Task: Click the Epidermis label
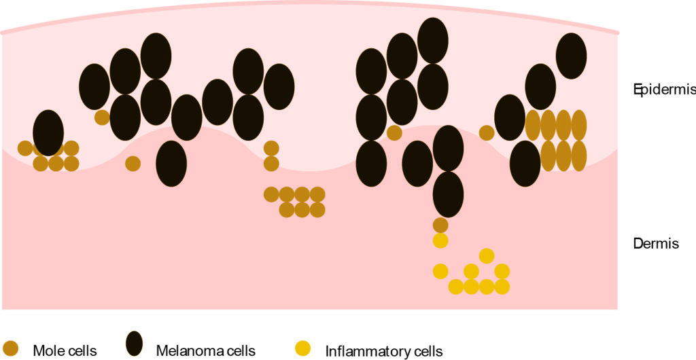click(663, 90)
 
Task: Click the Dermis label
click(655, 243)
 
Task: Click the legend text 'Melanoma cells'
click(205, 351)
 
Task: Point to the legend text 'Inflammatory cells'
click(384, 351)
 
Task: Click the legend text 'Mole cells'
click(65, 351)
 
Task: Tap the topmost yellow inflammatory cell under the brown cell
click(440, 240)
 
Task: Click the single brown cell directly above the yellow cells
click(440, 225)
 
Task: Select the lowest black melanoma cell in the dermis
click(448, 194)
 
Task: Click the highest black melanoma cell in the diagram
click(433, 40)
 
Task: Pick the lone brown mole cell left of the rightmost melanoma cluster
click(486, 132)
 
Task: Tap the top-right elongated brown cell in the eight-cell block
click(579, 125)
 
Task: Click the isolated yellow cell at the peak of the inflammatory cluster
click(486, 255)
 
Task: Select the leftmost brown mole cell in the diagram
click(25, 148)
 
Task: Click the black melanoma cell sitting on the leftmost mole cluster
click(48, 132)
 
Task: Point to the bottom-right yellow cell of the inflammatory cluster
click(502, 287)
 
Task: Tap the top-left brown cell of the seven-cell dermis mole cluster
click(271, 194)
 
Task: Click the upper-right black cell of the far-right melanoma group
click(572, 56)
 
